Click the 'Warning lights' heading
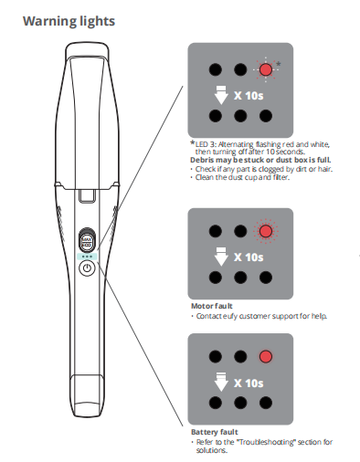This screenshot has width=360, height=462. (x=69, y=22)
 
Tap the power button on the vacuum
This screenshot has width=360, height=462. (x=87, y=268)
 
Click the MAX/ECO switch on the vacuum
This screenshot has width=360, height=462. (x=87, y=240)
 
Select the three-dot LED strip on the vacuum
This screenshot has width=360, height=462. (x=87, y=257)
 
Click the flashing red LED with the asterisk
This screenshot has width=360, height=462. (x=266, y=69)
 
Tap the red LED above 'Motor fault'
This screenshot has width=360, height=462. (x=265, y=231)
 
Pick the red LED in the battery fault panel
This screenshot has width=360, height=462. (x=266, y=356)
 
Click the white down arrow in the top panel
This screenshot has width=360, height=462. (x=221, y=95)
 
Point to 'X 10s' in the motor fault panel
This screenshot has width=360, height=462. (x=249, y=257)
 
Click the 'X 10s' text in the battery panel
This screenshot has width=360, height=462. (x=249, y=383)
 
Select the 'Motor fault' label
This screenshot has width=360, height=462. (x=212, y=306)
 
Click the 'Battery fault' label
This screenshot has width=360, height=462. (x=215, y=432)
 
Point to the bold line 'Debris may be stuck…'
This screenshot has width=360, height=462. (x=260, y=160)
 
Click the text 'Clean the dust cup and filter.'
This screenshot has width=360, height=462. (x=242, y=177)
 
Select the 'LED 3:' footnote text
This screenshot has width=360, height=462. (x=206, y=144)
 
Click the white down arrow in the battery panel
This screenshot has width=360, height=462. (x=221, y=382)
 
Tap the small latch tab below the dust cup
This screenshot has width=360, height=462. (x=88, y=195)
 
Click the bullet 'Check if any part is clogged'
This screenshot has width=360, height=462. (x=264, y=169)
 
